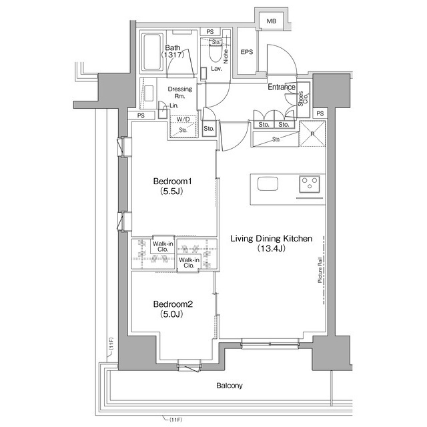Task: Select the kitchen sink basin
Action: pos(268,184)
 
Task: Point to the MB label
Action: pos(272,21)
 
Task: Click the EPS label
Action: pos(247,52)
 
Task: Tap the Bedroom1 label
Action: pos(173,181)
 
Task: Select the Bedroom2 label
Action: pos(173,304)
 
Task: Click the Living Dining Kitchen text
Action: pos(272,239)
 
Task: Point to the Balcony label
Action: pos(230,386)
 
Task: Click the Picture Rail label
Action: pos(320,270)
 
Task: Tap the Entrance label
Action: pos(282,87)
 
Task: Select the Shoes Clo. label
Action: pos(303,99)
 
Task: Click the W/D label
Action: pos(183,119)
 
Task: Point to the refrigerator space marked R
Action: pos(312,134)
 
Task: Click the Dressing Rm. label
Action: pos(179,92)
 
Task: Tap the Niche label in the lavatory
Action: pos(226,56)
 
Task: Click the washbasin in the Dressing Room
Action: pos(149,93)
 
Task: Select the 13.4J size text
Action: pos(272,248)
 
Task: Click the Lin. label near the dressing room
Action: pos(173,105)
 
